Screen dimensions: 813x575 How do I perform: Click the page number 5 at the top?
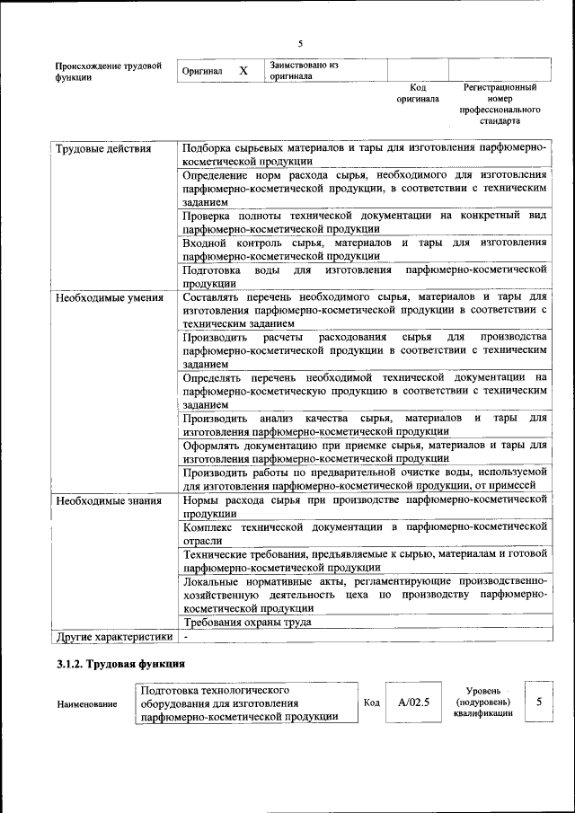301,42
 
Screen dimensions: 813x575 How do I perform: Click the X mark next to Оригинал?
243,70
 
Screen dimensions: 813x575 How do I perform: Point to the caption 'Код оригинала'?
418,93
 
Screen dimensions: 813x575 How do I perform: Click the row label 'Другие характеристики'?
113,637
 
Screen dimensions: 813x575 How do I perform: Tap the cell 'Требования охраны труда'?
247,622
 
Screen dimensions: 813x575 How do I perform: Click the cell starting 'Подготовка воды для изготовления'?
364,276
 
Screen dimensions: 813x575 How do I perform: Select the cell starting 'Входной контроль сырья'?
364,249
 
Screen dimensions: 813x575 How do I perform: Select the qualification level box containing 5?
538,702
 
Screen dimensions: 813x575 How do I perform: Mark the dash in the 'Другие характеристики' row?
185,637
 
